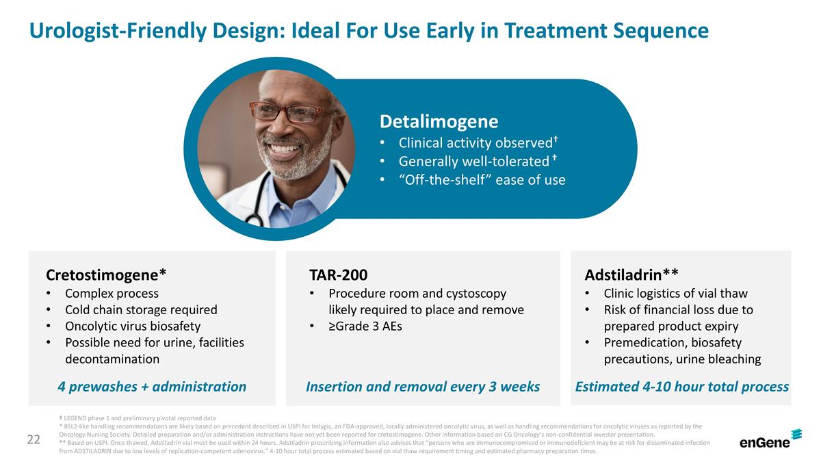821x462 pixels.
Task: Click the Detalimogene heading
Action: coord(439,122)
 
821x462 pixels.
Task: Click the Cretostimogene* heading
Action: coord(106,275)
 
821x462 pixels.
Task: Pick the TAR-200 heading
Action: coord(338,275)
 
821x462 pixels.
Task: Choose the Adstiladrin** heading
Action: coord(631,275)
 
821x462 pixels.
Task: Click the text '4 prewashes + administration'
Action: coord(152,387)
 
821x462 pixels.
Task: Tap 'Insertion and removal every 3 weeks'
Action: coord(423,387)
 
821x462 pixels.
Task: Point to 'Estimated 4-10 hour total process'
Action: coord(681,387)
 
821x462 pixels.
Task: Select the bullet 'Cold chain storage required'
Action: coord(140,310)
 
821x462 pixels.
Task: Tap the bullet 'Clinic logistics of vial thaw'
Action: coord(675,294)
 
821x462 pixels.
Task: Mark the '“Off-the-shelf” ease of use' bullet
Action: coord(482,180)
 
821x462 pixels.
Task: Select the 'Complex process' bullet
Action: coord(112,294)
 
